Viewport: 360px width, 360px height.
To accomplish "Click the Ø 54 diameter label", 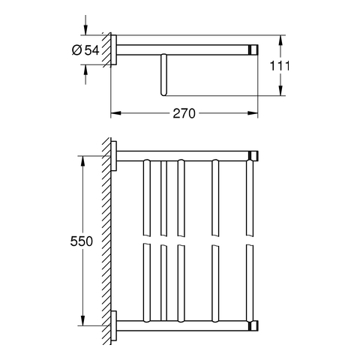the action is tap(85, 50).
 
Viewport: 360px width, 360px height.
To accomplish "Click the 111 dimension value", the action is tap(280, 66).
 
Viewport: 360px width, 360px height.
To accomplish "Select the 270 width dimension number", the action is tap(184, 113).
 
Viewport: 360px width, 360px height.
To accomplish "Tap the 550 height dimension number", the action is tap(82, 241).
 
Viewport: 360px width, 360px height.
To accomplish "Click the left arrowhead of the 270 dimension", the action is tap(115, 113).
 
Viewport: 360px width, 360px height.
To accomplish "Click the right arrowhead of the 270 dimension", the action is tap(253, 113).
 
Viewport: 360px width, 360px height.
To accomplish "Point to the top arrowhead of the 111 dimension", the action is tap(280, 40).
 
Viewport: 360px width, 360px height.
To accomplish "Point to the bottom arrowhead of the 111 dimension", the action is tap(280, 90).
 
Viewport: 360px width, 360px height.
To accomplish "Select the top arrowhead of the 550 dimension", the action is tap(83, 161).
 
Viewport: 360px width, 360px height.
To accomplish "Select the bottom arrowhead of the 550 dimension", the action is tap(83, 320).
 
